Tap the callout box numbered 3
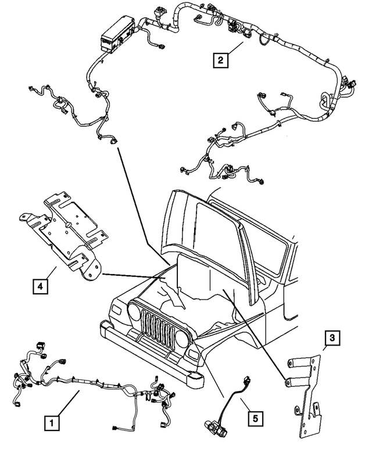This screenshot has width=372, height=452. tap(330, 337)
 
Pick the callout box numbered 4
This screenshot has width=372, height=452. tap(39, 286)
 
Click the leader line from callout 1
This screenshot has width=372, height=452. tap(69, 405)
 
